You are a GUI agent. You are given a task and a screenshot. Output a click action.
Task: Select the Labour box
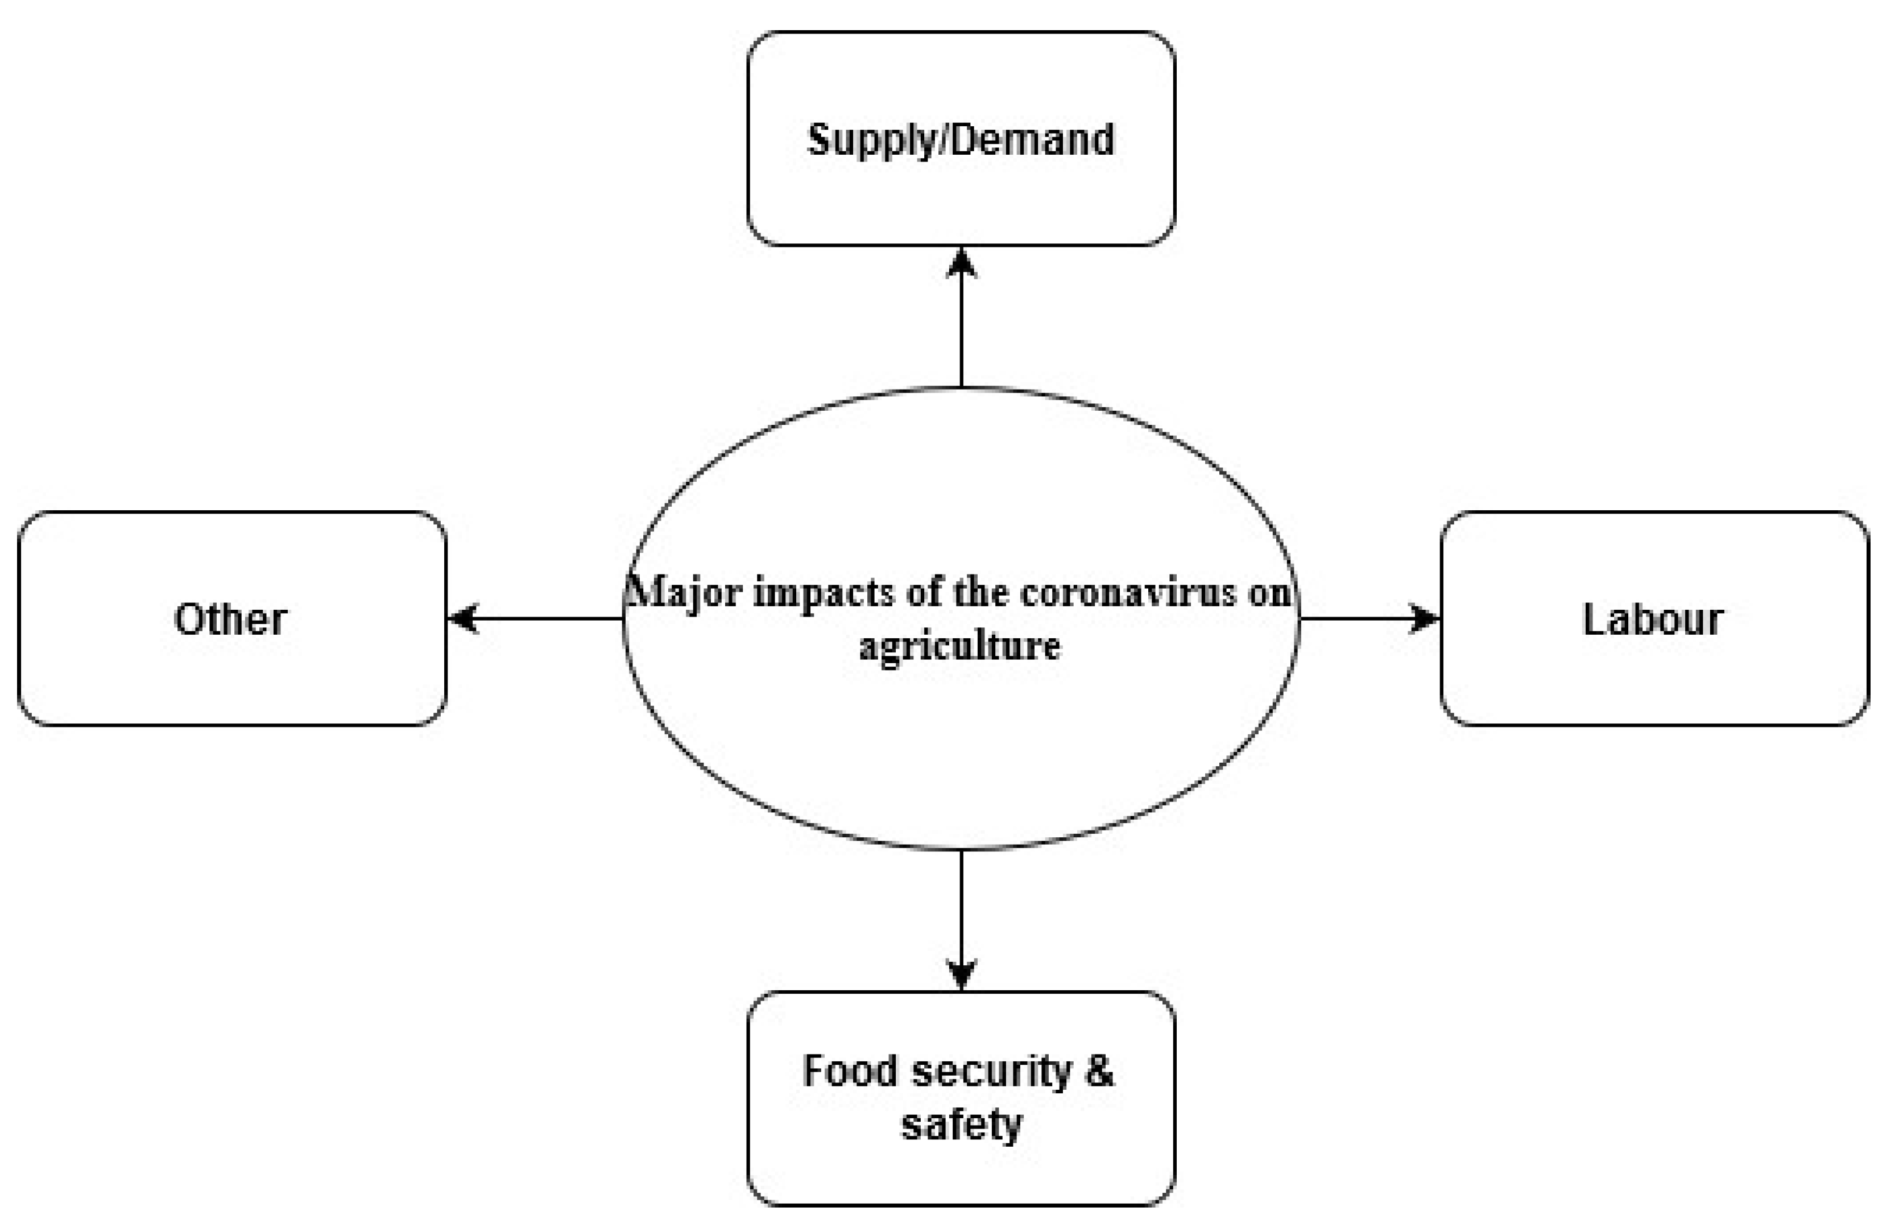pos(1653,678)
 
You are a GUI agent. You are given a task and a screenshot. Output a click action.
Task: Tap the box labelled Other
pos(231,678)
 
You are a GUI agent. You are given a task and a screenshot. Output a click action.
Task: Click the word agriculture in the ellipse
pos(960,646)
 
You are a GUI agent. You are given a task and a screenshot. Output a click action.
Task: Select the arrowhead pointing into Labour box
pos(1424,618)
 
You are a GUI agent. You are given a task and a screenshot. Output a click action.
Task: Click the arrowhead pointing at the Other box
pos(463,618)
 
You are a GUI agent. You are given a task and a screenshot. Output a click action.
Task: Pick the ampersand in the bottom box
pos(1099,1071)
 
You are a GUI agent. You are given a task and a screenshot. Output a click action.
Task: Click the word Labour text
pos(1653,619)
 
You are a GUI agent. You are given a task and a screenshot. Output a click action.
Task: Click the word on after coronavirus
pos(1269,593)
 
